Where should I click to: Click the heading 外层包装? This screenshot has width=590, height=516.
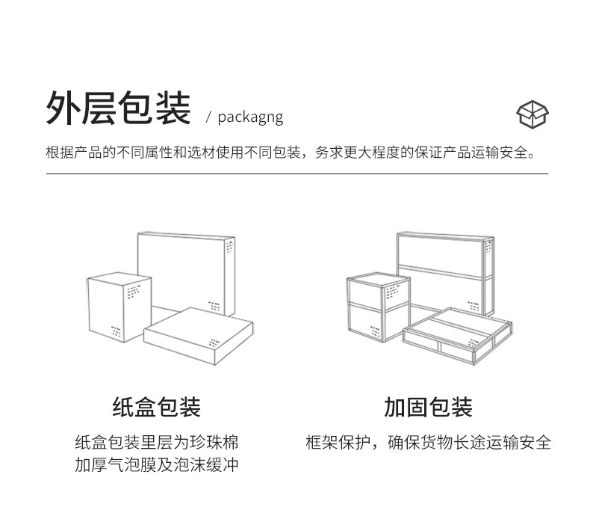[118, 109]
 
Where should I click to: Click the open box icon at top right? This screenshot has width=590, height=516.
[532, 114]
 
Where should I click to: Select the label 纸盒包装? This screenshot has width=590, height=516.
[157, 408]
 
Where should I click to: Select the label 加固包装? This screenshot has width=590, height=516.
[428, 408]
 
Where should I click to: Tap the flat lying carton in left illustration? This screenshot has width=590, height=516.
[198, 337]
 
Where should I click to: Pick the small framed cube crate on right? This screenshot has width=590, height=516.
[378, 307]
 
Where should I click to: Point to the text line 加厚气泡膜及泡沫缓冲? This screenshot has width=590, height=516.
[157, 464]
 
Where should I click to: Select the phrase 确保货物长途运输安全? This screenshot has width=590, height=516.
[469, 442]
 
